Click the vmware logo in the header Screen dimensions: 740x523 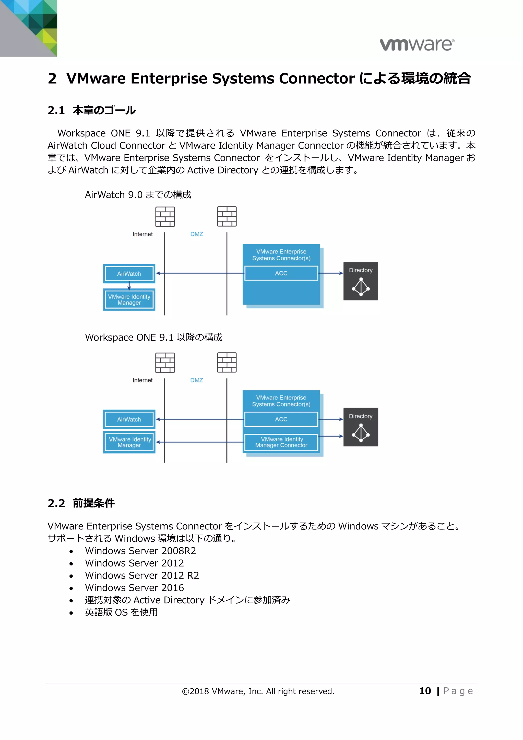[417, 44]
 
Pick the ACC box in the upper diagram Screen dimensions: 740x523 [281, 273]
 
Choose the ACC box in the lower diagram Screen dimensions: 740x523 [281, 419]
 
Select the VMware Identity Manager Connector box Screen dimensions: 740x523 [281, 442]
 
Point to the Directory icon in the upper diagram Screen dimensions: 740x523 [361, 281]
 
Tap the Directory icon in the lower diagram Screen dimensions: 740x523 [361, 427]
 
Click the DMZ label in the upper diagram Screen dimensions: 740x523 [196, 234]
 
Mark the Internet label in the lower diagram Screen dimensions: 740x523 [142, 380]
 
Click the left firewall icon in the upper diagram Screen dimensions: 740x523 [165, 217]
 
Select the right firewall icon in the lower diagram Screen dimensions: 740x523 [227, 363]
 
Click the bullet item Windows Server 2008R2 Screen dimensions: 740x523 [140, 551]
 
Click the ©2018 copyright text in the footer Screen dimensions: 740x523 [258, 691]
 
